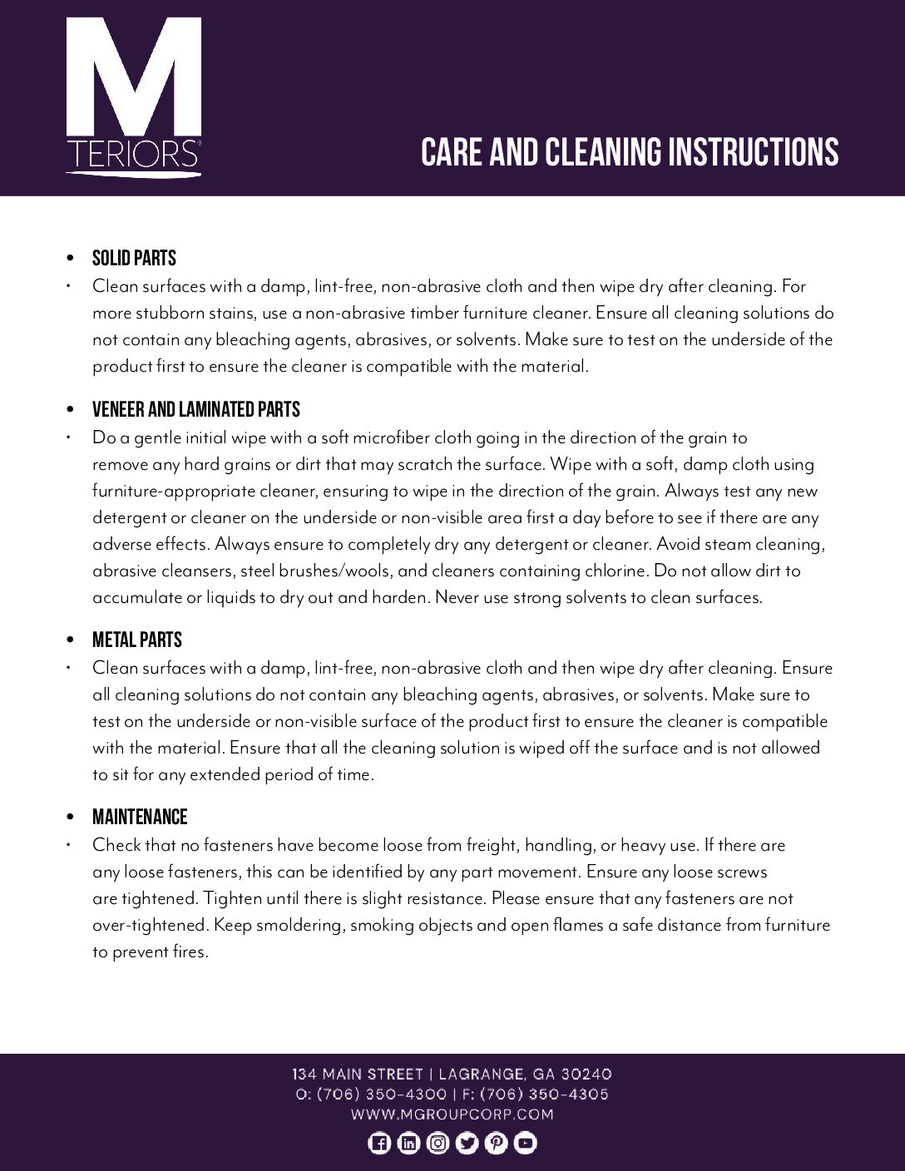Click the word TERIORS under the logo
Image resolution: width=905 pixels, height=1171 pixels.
coord(131,155)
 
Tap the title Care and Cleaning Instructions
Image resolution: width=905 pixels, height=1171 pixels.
coord(629,152)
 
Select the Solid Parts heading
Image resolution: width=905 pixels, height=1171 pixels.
coord(134,259)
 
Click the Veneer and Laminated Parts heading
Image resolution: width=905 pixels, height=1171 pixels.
coord(195,409)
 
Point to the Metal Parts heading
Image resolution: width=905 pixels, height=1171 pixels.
coord(136,640)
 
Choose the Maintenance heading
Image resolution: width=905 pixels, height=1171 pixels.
coord(140,817)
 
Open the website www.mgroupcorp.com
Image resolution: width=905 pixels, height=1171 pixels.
coord(452,1114)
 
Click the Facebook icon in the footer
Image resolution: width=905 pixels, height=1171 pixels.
coord(378,1144)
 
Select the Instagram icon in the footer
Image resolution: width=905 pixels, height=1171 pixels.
coord(438,1144)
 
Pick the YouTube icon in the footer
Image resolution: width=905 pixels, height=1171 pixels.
coord(526,1144)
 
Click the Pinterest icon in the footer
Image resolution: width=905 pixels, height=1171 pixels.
coord(497,1144)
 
